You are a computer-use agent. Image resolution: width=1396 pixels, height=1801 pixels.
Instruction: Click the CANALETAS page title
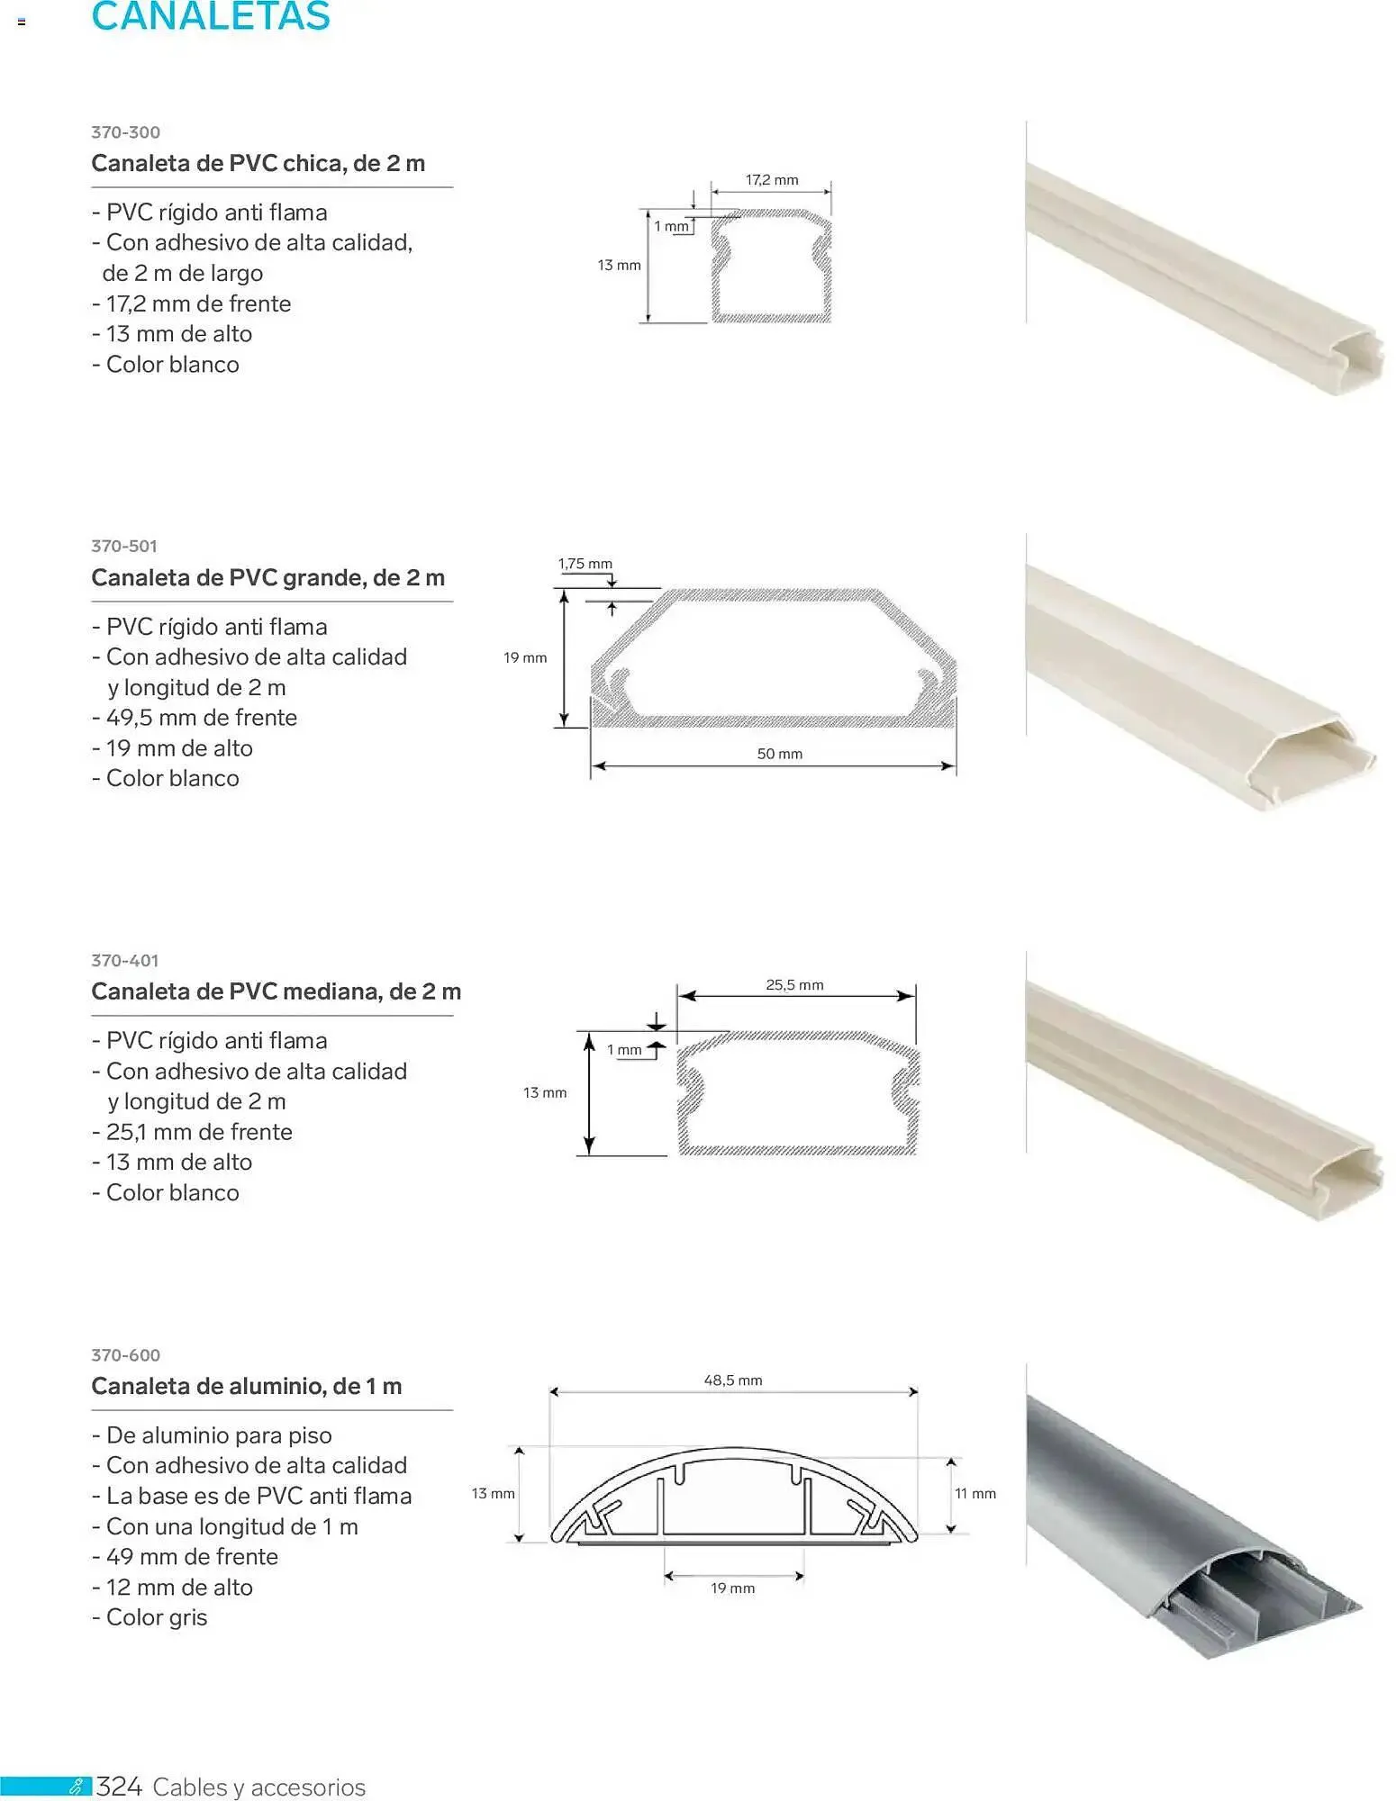coord(211,16)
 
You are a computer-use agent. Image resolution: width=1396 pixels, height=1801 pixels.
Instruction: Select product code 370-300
coord(126,132)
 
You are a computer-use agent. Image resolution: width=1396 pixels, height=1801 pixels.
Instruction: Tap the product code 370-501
coord(124,547)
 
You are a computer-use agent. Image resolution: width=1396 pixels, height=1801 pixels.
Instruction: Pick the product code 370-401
coord(125,961)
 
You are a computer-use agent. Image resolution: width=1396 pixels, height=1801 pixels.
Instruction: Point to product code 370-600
coord(126,1355)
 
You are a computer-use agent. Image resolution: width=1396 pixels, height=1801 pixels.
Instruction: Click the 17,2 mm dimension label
coord(772,180)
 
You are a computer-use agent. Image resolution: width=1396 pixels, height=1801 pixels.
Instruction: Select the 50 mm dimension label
coord(780,754)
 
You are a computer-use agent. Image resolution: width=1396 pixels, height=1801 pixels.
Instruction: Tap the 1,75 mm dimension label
coord(585,564)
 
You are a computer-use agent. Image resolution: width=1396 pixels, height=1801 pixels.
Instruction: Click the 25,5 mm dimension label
coord(795,985)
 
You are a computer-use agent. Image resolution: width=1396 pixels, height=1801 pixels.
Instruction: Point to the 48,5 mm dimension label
coord(733,1380)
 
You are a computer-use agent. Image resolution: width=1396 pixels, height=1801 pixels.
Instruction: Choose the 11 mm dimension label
coord(975,1494)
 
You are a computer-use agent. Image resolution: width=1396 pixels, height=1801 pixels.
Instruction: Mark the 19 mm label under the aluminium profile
coord(733,1588)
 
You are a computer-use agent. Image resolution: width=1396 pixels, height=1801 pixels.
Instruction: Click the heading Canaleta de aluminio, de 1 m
coord(247,1387)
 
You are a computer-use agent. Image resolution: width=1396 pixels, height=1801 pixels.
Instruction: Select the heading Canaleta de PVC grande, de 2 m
coord(268,578)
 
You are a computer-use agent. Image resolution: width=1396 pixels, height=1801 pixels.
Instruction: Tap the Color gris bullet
coord(150,1618)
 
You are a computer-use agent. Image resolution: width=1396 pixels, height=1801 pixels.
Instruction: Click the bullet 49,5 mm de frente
coord(195,718)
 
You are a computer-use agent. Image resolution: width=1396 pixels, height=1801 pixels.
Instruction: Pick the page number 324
coord(120,1787)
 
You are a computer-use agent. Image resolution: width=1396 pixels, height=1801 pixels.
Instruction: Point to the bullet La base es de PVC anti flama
coord(252,1497)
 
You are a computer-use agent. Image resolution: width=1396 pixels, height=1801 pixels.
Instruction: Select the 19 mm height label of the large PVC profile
coord(526,658)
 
